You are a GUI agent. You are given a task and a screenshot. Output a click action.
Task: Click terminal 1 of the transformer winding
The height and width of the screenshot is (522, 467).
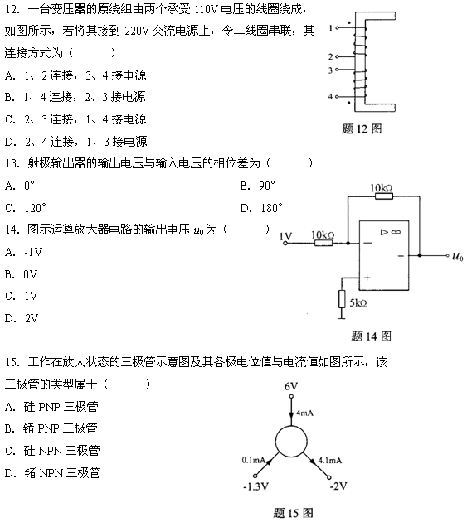(x=337, y=28)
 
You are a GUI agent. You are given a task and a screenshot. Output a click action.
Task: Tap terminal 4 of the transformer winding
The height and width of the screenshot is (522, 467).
(x=337, y=97)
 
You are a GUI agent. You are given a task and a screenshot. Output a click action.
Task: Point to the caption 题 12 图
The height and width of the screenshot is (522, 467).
(x=362, y=128)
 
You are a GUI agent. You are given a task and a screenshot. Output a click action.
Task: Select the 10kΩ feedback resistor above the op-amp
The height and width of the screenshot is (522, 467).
(x=384, y=196)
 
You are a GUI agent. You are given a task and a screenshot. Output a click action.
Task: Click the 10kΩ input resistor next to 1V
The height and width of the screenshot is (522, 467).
(x=323, y=243)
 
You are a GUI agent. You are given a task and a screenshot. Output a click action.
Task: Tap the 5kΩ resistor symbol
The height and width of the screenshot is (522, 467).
(x=342, y=299)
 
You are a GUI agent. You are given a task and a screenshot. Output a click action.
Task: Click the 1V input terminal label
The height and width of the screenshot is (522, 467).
(x=285, y=236)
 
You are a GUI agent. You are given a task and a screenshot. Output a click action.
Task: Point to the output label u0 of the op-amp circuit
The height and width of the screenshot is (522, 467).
(x=457, y=256)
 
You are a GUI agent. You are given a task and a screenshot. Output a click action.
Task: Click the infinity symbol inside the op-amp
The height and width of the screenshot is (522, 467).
(x=396, y=232)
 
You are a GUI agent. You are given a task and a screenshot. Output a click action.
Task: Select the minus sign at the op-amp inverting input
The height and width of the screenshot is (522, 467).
(x=367, y=243)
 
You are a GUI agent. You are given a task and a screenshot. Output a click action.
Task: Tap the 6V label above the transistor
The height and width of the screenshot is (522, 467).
(x=291, y=386)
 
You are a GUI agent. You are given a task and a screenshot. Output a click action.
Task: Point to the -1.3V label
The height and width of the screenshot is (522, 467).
(x=255, y=486)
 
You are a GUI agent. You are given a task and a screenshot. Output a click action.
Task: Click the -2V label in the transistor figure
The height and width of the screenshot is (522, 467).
(x=338, y=486)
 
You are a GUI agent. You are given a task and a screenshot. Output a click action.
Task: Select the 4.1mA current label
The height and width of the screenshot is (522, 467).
(x=329, y=461)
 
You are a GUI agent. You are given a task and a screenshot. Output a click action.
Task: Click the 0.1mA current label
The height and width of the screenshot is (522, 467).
(x=253, y=460)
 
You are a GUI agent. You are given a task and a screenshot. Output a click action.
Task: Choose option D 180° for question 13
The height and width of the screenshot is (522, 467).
(x=261, y=208)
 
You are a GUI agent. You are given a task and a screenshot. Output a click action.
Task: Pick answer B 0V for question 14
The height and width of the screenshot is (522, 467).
(x=21, y=274)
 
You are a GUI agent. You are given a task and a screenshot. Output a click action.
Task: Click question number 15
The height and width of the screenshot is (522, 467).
(x=12, y=362)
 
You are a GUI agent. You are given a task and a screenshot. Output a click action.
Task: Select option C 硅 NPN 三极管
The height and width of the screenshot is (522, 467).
(x=52, y=451)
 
